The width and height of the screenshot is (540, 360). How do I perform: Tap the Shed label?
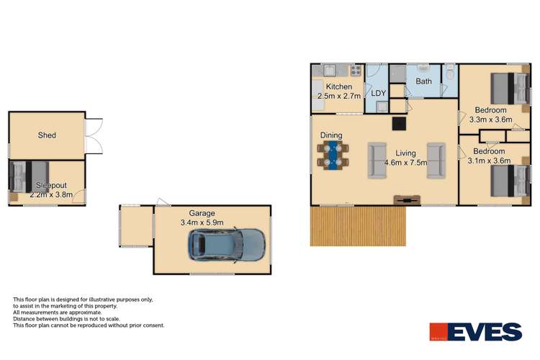[x=47, y=135]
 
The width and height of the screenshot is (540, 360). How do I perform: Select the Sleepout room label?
[x=45, y=184]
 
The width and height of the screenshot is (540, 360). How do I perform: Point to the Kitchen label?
[x=339, y=87]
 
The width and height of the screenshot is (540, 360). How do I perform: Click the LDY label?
[x=379, y=93]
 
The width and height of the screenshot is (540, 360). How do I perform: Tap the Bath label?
[x=423, y=81]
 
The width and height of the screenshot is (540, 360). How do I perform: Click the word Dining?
[x=331, y=135]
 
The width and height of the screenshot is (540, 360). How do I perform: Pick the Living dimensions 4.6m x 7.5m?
[x=405, y=163]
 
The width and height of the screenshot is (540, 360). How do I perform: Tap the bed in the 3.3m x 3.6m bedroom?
[x=507, y=88]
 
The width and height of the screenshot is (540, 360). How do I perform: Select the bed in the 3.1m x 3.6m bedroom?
[x=507, y=180]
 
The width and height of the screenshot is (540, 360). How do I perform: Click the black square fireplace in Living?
[x=397, y=123]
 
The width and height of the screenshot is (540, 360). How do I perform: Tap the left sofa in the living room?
[x=376, y=159]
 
